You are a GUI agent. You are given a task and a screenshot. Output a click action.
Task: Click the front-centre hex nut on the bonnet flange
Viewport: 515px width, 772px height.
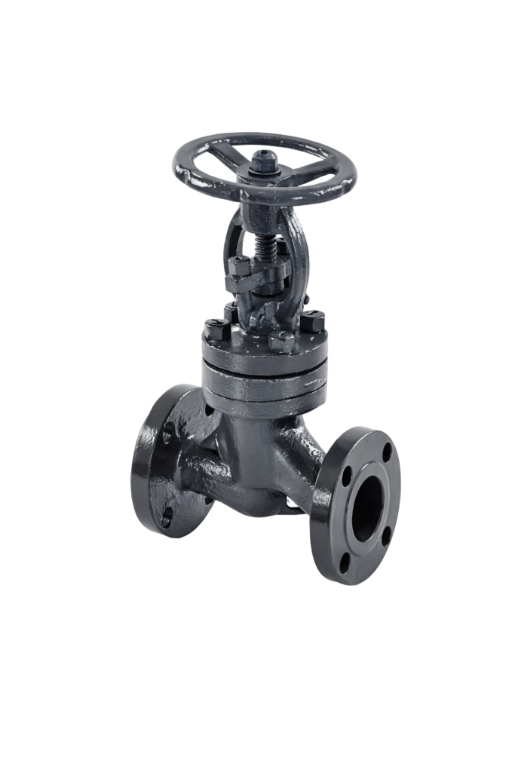tap(282, 341)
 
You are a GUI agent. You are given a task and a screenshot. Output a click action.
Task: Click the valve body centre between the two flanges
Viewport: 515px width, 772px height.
tap(256, 460)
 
